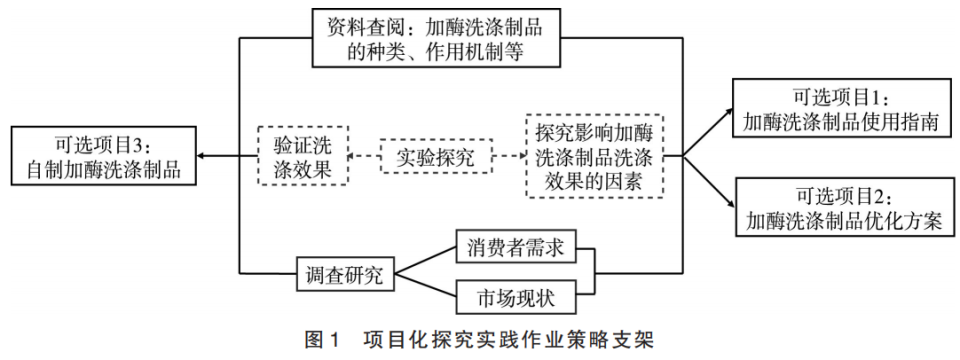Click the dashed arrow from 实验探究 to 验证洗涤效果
pyautogui.click(x=365, y=157)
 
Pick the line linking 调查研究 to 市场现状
pyautogui.click(x=425, y=286)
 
